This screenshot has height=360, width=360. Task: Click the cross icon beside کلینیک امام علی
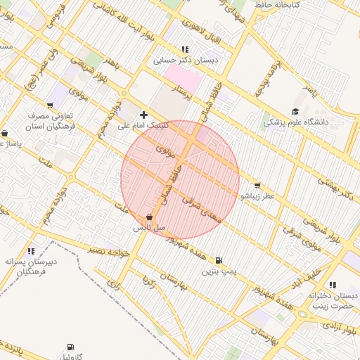click(x=144, y=114)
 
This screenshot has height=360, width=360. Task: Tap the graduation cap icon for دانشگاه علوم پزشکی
click(x=295, y=111)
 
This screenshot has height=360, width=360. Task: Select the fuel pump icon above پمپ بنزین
click(x=220, y=259)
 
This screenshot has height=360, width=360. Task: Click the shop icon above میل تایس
click(x=149, y=218)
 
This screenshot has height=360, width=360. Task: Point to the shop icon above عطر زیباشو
click(x=257, y=186)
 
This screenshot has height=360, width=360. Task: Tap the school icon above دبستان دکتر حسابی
click(x=185, y=50)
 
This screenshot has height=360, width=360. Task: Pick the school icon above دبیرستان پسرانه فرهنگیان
click(x=31, y=251)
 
